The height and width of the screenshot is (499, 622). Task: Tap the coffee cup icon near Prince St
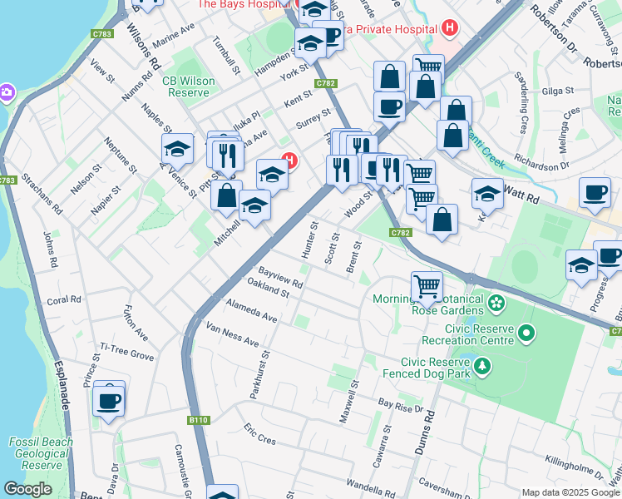[109, 402]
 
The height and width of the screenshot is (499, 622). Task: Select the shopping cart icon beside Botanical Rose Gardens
[427, 287]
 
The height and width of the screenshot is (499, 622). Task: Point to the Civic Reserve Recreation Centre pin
[526, 333]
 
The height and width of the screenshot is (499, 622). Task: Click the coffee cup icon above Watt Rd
[595, 193]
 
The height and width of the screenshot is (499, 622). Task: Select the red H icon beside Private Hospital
[450, 28]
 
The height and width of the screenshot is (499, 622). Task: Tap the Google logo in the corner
[27, 490]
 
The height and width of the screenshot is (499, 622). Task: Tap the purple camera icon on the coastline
[7, 91]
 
